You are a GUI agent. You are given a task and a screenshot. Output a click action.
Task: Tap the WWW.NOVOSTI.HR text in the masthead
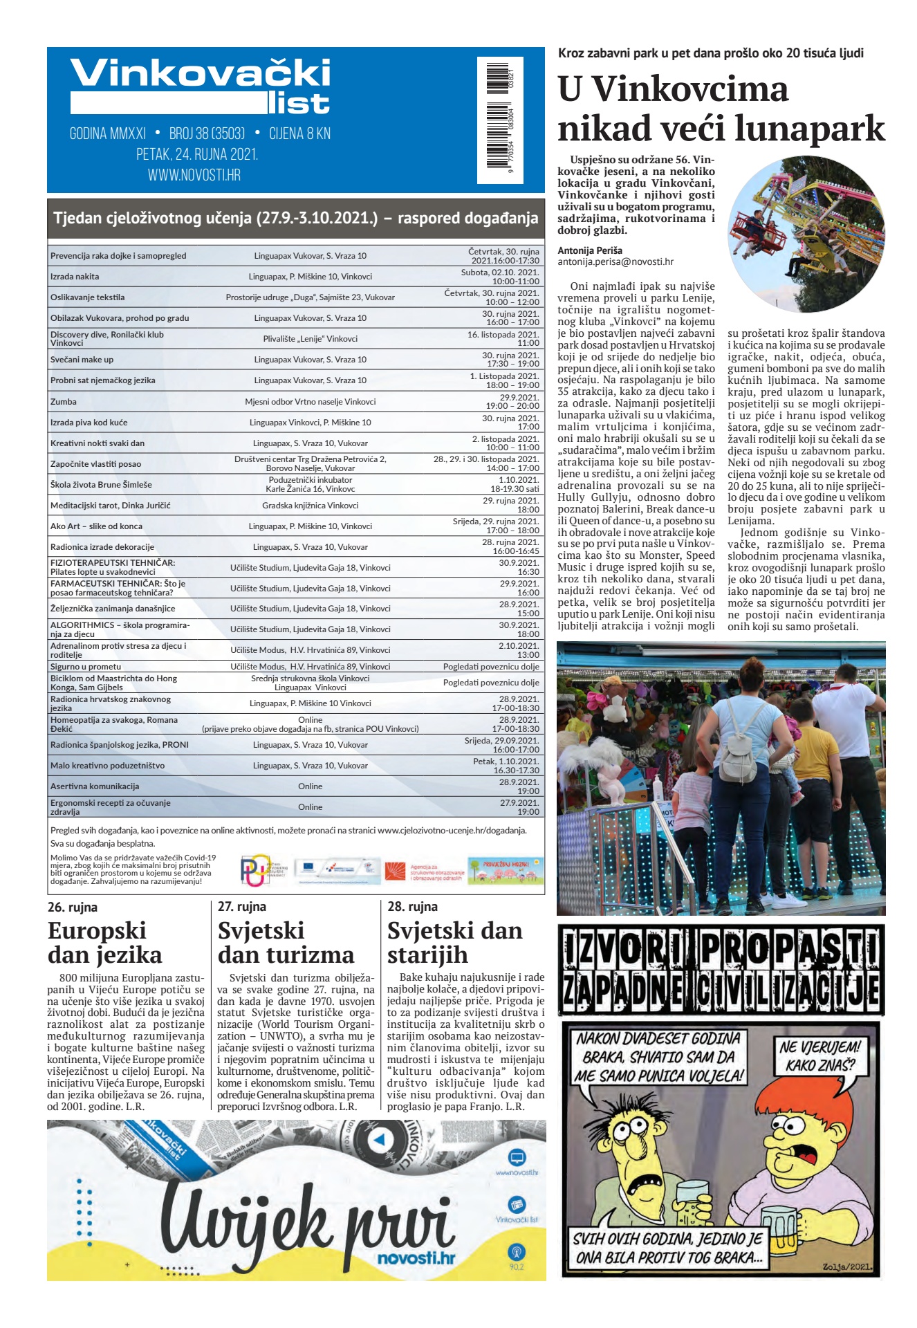click(194, 175)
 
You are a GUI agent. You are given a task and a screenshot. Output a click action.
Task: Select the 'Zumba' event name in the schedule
click(64, 402)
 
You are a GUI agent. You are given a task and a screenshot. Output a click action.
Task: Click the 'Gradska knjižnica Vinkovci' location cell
click(310, 506)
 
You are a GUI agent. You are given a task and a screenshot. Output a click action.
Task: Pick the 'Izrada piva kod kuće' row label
click(89, 423)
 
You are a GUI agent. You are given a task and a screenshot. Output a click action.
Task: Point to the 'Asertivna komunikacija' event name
click(95, 786)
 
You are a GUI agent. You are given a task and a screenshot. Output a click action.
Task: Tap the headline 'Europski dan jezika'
click(104, 943)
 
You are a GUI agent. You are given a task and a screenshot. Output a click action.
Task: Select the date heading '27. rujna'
click(242, 907)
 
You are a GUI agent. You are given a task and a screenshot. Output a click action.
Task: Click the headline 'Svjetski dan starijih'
click(454, 943)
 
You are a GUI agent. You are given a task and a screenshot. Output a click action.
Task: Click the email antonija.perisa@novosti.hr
click(615, 262)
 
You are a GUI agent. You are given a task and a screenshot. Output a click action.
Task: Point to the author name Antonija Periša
click(590, 250)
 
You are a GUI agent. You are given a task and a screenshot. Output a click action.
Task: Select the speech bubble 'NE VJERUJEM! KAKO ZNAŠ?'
click(819, 1056)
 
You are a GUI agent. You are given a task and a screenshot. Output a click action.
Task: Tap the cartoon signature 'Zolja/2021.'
click(847, 1267)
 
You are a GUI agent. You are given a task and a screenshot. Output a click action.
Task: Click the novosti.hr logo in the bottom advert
click(416, 1257)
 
